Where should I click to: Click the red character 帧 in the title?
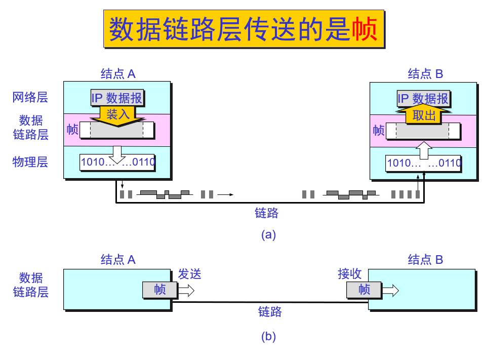point(365,29)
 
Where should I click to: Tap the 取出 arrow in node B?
point(424,115)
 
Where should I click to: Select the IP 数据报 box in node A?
point(117,98)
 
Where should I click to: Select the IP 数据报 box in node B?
point(423,98)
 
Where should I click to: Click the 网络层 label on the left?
point(30,97)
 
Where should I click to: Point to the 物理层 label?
point(30,162)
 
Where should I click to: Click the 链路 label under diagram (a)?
point(266,213)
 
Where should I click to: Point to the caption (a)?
point(268,235)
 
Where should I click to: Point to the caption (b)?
point(268,337)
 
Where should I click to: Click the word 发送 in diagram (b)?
point(189,274)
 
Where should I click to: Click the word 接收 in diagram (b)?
point(350,274)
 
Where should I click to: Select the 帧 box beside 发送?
point(160,290)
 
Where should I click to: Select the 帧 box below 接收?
point(364,290)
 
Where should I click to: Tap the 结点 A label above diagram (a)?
point(118,74)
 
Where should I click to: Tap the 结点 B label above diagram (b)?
point(425,260)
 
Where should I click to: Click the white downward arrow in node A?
point(117,155)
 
